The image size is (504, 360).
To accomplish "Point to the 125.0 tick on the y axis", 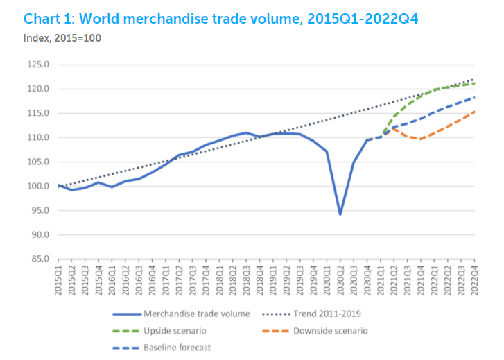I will [39, 65].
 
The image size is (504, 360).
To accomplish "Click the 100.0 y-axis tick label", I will [39, 186].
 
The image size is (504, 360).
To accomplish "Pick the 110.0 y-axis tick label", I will [39, 137].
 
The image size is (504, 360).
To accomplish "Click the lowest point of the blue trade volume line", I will [340, 214].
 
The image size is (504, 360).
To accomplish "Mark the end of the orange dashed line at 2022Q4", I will [474, 112].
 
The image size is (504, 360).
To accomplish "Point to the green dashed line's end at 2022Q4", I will [474, 84].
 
